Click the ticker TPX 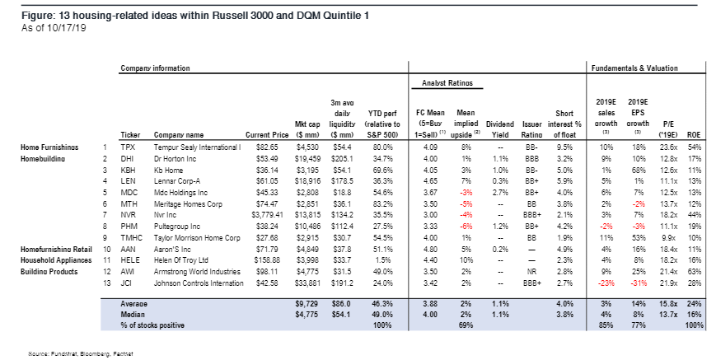128,147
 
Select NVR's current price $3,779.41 270,215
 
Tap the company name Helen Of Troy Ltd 181,260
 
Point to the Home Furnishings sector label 49,147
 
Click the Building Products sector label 49,272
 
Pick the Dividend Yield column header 500,129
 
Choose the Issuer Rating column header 532,129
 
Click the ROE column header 694,135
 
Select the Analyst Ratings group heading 447,83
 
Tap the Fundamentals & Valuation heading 634,68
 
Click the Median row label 133,315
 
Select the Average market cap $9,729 307,304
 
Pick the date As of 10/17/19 54,28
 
